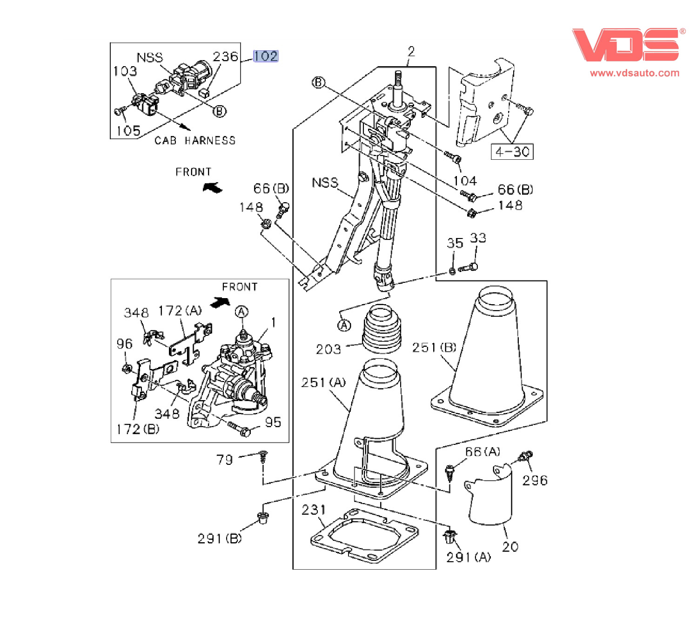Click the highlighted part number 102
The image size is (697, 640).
[265, 56]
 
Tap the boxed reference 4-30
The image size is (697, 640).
[512, 152]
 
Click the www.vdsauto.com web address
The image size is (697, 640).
[634, 73]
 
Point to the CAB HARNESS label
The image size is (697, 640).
[195, 141]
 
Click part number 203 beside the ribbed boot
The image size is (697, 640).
[328, 349]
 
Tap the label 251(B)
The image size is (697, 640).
[434, 347]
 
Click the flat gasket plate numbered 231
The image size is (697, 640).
[364, 536]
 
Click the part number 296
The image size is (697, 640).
[535, 480]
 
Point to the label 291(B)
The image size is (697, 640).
[220, 538]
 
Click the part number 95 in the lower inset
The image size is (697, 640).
[273, 422]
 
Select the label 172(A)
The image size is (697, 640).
[180, 311]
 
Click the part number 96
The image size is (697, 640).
[124, 344]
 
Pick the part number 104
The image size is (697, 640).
[465, 181]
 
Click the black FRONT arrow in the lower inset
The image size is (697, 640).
[220, 302]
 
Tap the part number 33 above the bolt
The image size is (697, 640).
[478, 238]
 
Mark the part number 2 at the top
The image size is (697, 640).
[411, 51]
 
